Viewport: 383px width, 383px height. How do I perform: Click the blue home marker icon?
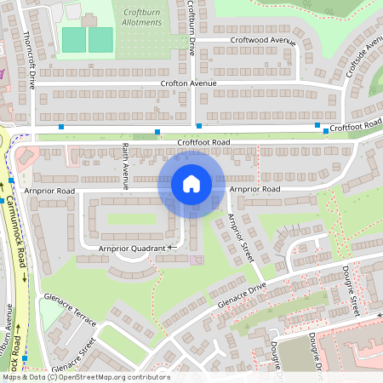(x=191, y=184)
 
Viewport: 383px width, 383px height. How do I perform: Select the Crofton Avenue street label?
(x=188, y=83)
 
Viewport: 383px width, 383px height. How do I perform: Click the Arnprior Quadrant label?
(x=133, y=248)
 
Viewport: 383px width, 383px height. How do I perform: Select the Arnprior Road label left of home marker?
(x=50, y=190)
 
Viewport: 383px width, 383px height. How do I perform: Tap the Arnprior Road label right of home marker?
(x=254, y=189)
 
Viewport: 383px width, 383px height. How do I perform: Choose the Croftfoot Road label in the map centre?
(x=203, y=141)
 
